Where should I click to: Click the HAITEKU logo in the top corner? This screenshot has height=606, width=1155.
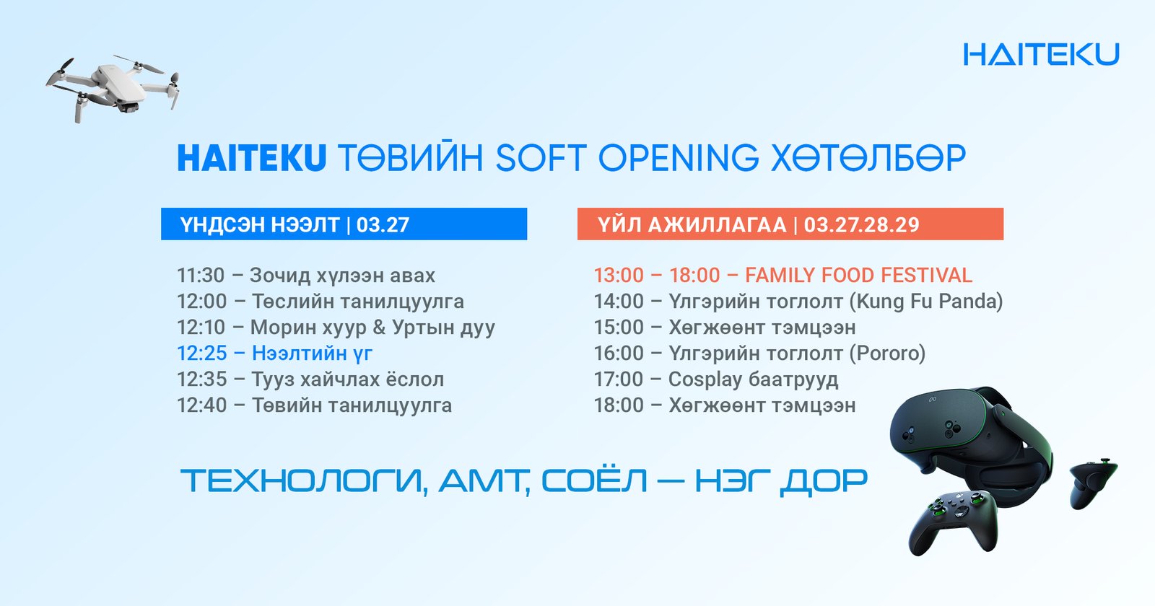click(x=1041, y=55)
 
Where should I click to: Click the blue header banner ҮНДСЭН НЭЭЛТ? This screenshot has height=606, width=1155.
click(x=344, y=224)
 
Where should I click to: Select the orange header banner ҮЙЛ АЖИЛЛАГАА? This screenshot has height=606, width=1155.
click(x=790, y=224)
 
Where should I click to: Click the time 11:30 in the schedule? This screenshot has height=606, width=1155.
click(x=201, y=276)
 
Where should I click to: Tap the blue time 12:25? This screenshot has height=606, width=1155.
click(x=201, y=353)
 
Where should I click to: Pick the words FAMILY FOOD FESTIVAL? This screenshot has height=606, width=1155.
click(x=858, y=276)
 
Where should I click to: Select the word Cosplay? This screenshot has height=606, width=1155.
click(x=705, y=379)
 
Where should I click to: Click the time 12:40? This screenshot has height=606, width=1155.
click(x=201, y=405)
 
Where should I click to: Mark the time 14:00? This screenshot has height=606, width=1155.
click(x=619, y=302)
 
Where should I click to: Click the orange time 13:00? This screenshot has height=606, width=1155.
click(x=619, y=276)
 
